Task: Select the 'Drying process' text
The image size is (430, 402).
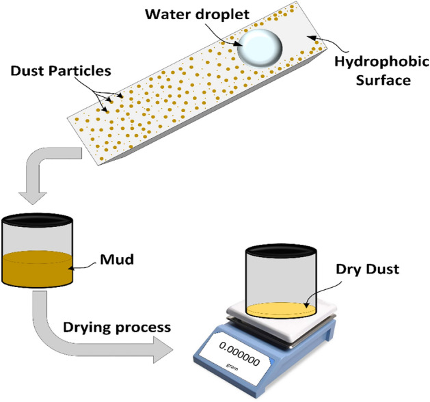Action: tap(116, 327)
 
